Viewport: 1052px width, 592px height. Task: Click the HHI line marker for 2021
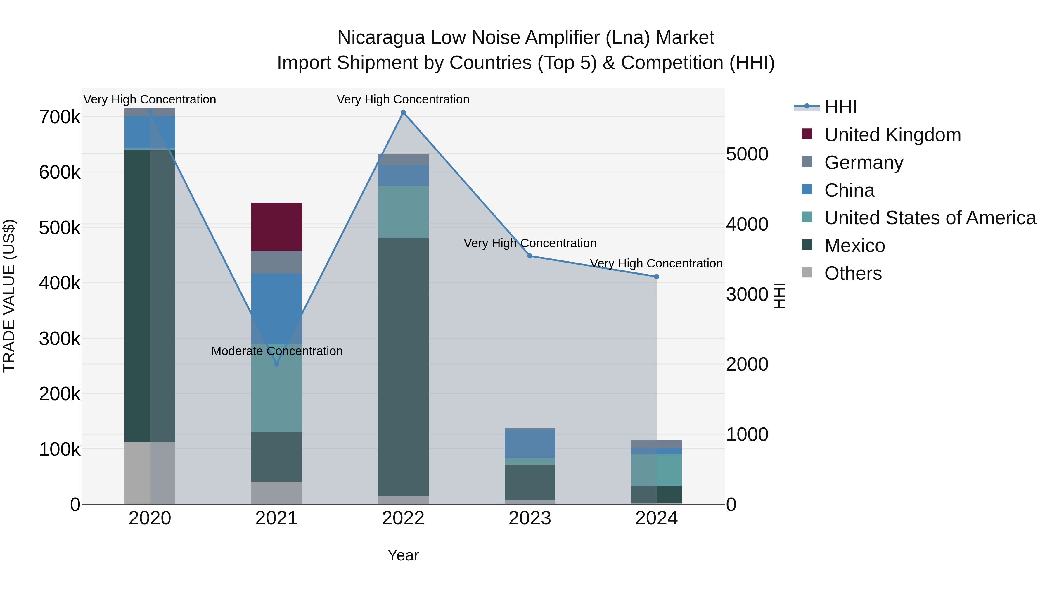click(276, 364)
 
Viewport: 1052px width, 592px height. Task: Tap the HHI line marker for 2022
click(403, 112)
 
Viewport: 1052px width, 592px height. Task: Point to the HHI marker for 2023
click(530, 256)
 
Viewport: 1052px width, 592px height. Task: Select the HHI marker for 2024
click(656, 277)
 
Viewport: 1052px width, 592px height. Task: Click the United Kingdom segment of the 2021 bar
click(276, 227)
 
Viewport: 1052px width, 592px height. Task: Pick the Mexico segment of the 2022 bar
click(403, 367)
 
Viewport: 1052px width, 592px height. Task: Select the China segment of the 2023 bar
click(530, 443)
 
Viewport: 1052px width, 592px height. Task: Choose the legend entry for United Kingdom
click(892, 135)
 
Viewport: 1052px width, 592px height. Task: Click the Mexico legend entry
click(854, 246)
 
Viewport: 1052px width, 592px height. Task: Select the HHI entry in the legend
click(840, 107)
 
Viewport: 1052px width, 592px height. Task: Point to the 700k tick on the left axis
click(60, 117)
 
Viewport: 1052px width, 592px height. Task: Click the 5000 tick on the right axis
click(747, 154)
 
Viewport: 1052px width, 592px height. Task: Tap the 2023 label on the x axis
click(530, 518)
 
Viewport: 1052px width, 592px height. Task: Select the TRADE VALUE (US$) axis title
click(9, 296)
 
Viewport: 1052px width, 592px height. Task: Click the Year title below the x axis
click(403, 555)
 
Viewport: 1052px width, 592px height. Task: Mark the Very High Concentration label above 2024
click(656, 263)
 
